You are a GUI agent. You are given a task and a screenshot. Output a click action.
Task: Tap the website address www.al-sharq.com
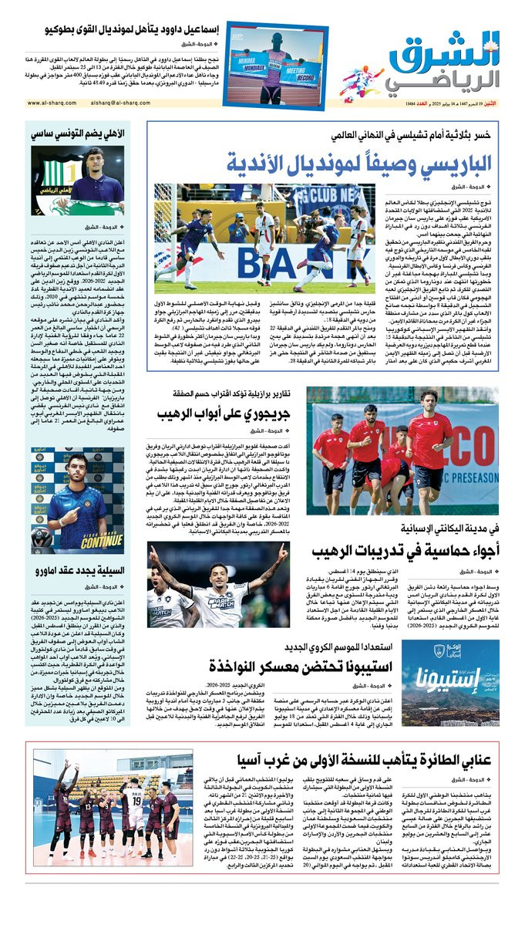coord(55,103)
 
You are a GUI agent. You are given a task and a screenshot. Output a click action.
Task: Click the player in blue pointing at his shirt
coord(66,494)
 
